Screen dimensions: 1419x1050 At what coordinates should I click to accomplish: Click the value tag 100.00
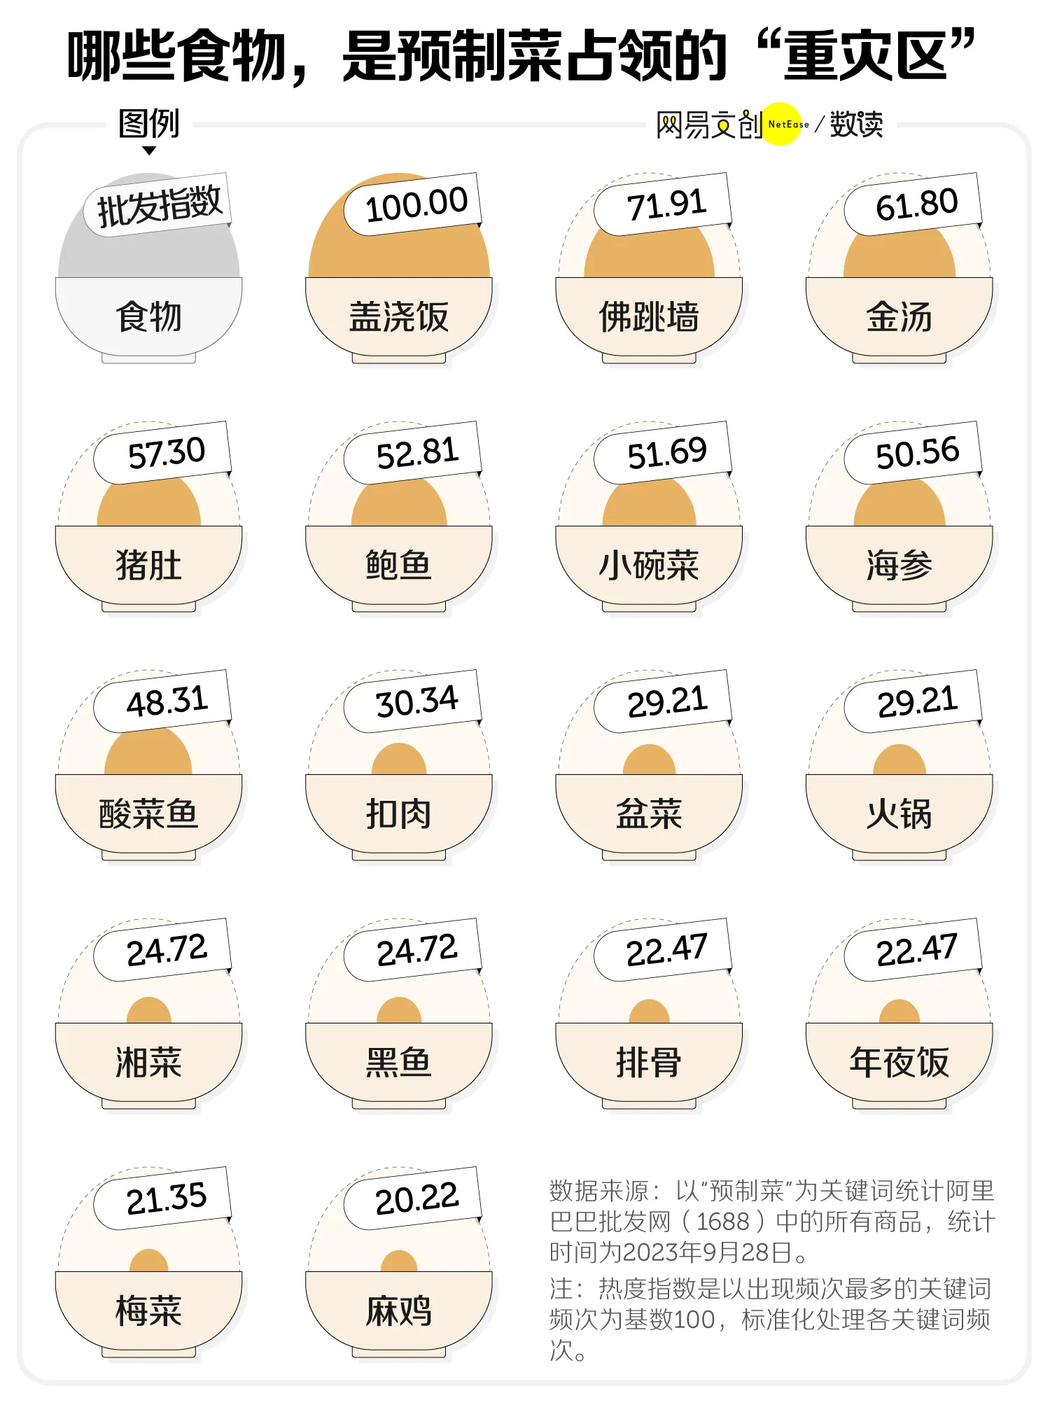(x=416, y=204)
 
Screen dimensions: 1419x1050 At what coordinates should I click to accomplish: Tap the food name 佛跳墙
(x=649, y=316)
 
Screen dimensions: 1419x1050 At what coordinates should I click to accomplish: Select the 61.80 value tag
(x=916, y=204)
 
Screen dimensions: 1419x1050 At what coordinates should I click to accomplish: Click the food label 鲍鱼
(x=398, y=565)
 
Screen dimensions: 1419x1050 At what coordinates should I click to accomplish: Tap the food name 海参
(x=899, y=565)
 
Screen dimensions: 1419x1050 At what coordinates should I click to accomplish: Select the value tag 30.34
(x=416, y=701)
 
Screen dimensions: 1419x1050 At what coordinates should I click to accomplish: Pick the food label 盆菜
(x=649, y=813)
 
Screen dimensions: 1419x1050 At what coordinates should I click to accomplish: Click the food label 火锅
(x=899, y=813)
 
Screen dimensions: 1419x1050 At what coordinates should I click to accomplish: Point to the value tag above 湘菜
(x=166, y=950)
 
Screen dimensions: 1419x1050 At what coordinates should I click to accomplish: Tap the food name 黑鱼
(x=398, y=1062)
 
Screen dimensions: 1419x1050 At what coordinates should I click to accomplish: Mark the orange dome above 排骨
(x=649, y=1013)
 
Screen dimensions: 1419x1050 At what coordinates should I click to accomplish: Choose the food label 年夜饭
(x=899, y=1062)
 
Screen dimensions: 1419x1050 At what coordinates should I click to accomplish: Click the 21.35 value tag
(x=166, y=1198)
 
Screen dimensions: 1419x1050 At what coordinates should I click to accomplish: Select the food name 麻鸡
(x=398, y=1310)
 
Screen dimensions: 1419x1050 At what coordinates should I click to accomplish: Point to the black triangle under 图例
(x=149, y=151)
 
